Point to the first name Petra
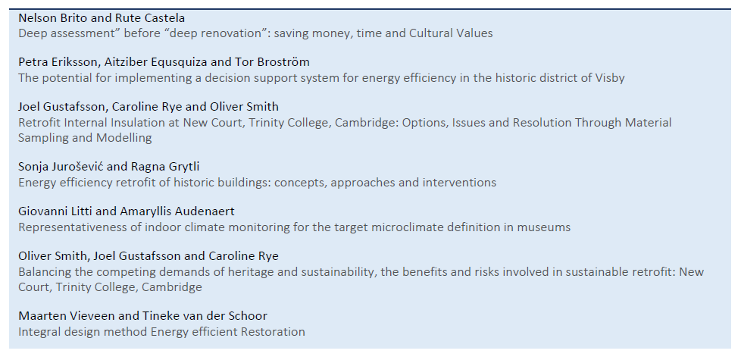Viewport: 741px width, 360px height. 32,62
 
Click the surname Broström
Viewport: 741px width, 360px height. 287,62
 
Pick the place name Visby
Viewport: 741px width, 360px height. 610,78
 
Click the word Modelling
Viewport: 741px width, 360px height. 124,138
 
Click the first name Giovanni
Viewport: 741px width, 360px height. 40,211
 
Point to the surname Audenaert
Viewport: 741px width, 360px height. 207,211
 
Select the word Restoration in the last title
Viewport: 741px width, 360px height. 273,332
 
